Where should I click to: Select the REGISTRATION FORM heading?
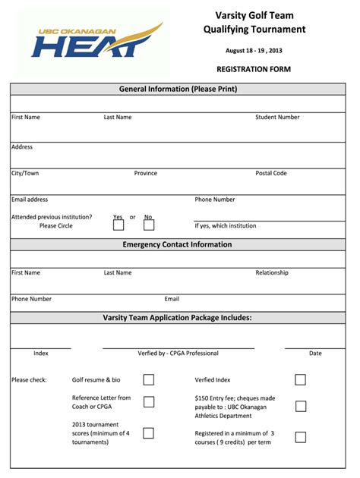[x=254, y=69]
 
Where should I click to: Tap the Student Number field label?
[x=277, y=118]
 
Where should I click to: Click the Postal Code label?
[x=271, y=174]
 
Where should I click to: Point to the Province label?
[x=146, y=174]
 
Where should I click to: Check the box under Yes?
[x=118, y=225]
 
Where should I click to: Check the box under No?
[x=149, y=225]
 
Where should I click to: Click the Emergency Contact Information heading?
[x=178, y=245]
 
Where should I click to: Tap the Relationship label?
[x=272, y=272]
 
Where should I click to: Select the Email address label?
[x=30, y=200]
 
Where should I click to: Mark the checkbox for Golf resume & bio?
[x=149, y=379]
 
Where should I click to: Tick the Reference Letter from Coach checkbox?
[x=149, y=402]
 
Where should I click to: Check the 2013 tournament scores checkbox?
[x=149, y=432]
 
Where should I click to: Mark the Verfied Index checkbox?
[x=301, y=379]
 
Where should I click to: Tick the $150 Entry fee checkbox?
[x=301, y=406]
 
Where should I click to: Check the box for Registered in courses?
[x=301, y=437]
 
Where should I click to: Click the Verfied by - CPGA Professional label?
[x=178, y=354]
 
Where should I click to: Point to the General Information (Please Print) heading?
[x=178, y=90]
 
